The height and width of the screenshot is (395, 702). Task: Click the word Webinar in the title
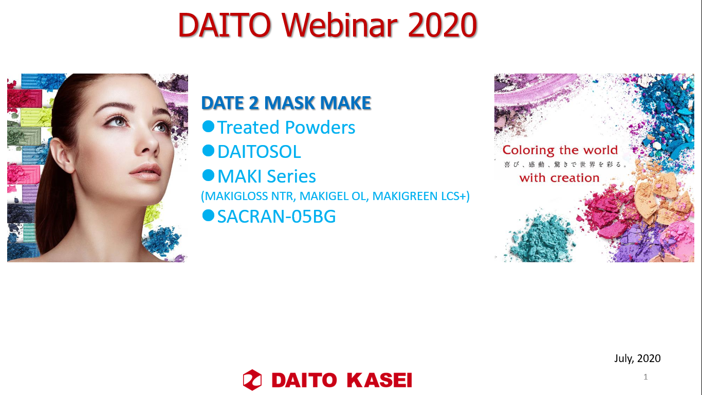pyautogui.click(x=339, y=25)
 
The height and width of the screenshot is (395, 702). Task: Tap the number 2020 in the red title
pyautogui.click(x=442, y=25)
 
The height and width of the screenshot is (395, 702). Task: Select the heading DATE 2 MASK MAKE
pyautogui.click(x=286, y=103)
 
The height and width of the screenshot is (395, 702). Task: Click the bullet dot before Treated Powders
pyautogui.click(x=208, y=127)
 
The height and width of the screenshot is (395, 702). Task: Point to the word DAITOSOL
pyautogui.click(x=259, y=152)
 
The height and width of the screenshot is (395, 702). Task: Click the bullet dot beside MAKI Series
pyautogui.click(x=208, y=175)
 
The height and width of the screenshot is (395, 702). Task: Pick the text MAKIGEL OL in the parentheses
pyautogui.click(x=333, y=196)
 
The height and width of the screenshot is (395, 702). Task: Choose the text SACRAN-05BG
pyautogui.click(x=276, y=217)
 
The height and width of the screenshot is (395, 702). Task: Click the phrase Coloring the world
pyautogui.click(x=560, y=150)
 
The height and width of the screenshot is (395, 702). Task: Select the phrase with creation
pyautogui.click(x=560, y=178)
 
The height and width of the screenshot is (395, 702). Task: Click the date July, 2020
pyautogui.click(x=637, y=358)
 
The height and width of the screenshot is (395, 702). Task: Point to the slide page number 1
pyautogui.click(x=645, y=376)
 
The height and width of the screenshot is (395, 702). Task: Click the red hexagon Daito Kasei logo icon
pyautogui.click(x=252, y=380)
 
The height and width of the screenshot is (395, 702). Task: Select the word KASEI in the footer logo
pyautogui.click(x=379, y=380)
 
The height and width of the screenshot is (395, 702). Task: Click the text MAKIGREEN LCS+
pyautogui.click(x=421, y=196)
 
